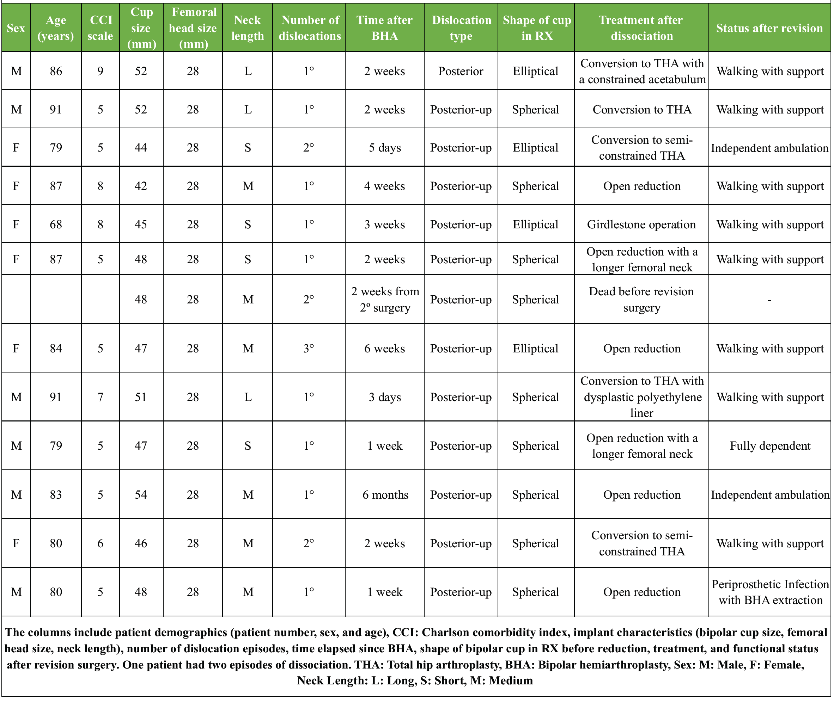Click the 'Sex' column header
point(16,28)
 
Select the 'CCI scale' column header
point(101,28)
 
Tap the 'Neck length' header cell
point(247,28)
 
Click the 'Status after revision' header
point(769,28)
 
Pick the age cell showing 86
point(56,71)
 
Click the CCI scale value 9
point(101,71)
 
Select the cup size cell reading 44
point(141,148)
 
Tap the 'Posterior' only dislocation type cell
point(461,71)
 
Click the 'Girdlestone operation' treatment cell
point(641,224)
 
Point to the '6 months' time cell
point(385,495)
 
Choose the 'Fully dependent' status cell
point(769,446)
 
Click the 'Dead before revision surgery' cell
point(641,299)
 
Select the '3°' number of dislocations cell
point(309,349)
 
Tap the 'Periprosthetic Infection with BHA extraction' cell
point(769,592)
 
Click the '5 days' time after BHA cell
point(385,148)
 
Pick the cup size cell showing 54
point(141,495)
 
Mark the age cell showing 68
point(56,224)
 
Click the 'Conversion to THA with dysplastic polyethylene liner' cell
point(641,397)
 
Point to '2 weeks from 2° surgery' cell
point(385,299)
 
